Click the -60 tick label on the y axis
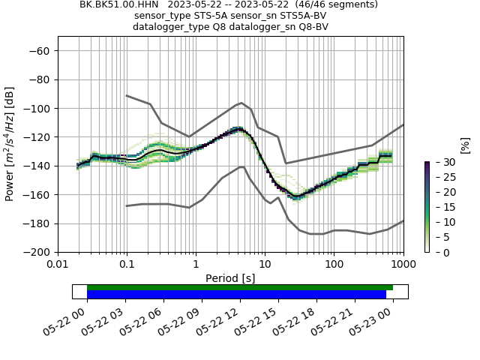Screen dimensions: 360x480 [42, 51]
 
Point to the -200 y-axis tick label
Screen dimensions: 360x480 [39, 252]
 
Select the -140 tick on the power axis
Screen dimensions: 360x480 [39, 166]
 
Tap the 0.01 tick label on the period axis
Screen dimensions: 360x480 [58, 265]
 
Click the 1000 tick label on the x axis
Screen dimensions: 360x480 [403, 265]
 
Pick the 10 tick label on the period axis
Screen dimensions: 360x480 [265, 265]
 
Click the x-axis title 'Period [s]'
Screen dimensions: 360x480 [230, 278]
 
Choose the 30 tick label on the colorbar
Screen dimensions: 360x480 [440, 162]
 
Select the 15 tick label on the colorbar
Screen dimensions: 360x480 [440, 207]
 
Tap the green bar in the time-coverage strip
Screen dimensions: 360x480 [240, 287]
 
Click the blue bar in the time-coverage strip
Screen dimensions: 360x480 [236, 295]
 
